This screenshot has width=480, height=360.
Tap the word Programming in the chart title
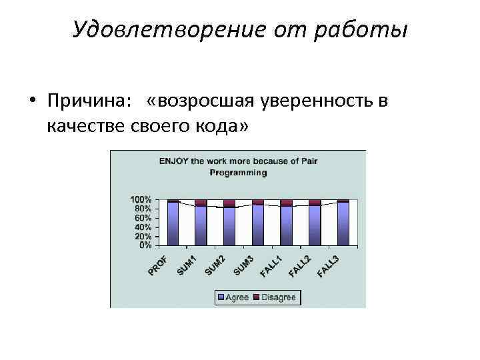[238, 172]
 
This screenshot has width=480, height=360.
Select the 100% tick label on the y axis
[141, 199]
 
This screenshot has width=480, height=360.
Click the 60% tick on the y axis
[143, 218]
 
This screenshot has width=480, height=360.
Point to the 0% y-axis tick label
[145, 245]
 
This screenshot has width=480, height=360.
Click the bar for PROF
[173, 223]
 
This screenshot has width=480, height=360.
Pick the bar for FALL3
[343, 223]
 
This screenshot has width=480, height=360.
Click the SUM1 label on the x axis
[187, 265]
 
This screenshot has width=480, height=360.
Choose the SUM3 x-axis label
[243, 265]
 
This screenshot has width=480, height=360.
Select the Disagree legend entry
[275, 297]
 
